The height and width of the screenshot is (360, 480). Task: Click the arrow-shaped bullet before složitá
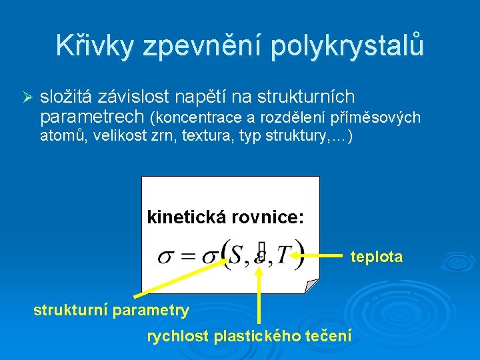[x=27, y=97]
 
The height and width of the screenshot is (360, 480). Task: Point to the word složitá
[x=65, y=97]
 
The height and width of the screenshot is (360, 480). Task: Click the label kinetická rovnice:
[x=225, y=217]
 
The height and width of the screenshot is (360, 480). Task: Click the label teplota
[x=377, y=257]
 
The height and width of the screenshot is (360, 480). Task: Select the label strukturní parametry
[x=111, y=310]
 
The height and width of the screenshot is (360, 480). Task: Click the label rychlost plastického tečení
[x=249, y=336]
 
